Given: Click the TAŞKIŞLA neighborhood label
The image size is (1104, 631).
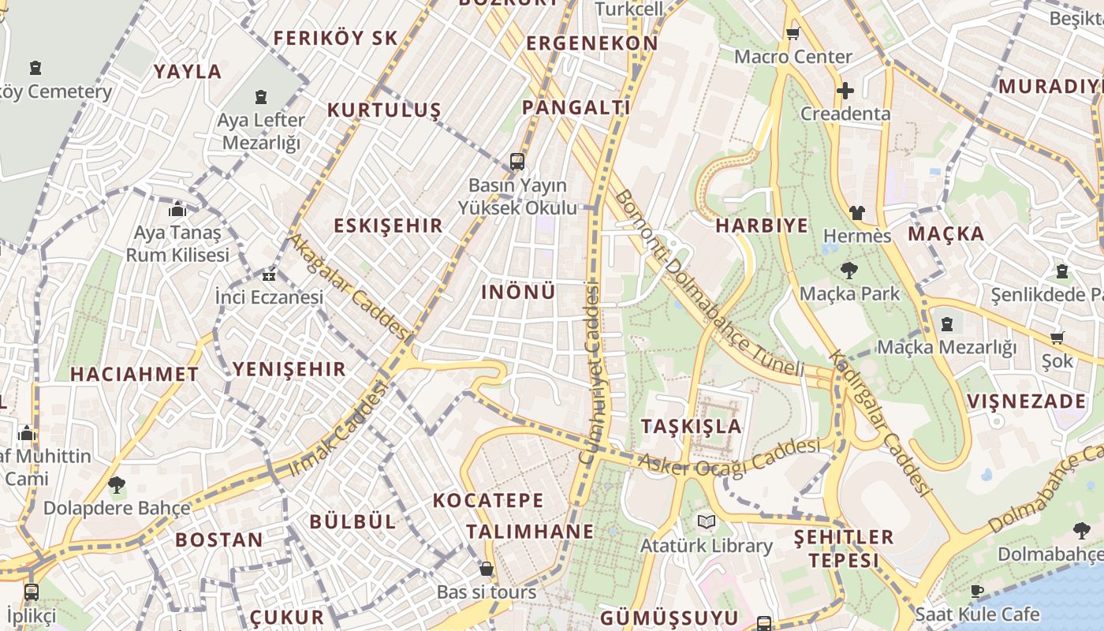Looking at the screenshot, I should click(691, 427).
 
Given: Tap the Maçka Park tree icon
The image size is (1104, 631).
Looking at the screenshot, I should click(849, 271).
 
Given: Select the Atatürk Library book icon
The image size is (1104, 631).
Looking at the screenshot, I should click(706, 522).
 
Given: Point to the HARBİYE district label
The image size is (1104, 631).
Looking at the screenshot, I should click(762, 226).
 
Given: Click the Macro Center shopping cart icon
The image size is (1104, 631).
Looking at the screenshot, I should click(793, 33).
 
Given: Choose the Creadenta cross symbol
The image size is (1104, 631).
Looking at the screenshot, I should click(845, 91).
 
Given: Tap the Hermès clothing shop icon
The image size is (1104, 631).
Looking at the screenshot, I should click(856, 213).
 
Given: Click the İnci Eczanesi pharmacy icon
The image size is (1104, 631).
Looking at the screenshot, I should click(269, 275).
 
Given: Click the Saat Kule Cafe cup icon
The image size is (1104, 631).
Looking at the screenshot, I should click(976, 591).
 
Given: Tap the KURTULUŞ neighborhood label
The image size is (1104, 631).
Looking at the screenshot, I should click(384, 110).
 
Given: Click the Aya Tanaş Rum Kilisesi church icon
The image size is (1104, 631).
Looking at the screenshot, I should click(177, 210).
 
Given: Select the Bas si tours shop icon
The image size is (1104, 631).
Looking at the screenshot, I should click(487, 569).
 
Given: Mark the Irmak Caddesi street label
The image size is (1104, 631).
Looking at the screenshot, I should click(339, 430).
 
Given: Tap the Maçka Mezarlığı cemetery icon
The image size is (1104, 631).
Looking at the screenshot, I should click(946, 324).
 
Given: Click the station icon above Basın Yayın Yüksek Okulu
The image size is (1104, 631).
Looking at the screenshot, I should click(517, 162).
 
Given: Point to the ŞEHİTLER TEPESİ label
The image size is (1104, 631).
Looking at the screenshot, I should click(843, 549).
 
